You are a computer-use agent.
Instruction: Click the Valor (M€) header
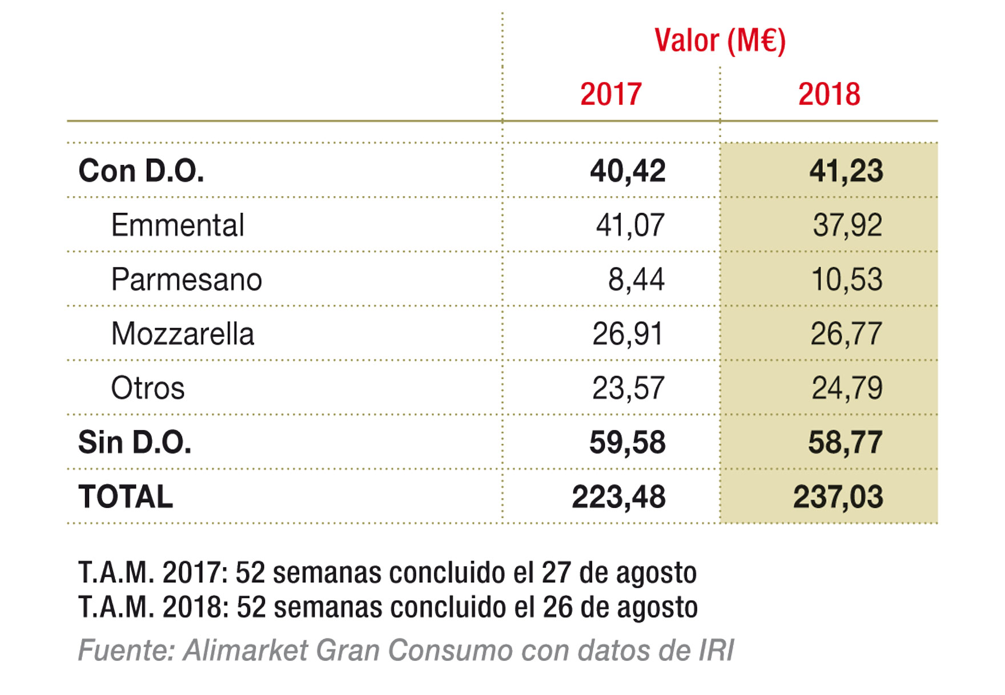click(x=719, y=41)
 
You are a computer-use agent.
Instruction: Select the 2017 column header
click(x=611, y=95)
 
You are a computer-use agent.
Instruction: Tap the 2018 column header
click(x=829, y=95)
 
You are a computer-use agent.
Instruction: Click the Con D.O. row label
click(x=141, y=171)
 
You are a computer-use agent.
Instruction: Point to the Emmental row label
click(x=178, y=225)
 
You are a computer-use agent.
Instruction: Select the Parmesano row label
click(x=186, y=280)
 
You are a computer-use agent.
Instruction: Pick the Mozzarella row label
click(x=182, y=334)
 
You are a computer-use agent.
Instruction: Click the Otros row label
click(x=147, y=389)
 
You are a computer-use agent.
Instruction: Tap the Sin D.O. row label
click(x=135, y=443)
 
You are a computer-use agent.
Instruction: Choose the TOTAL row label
click(x=126, y=497)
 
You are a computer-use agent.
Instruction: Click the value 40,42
click(x=628, y=171)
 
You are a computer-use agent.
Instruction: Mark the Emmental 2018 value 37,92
click(x=847, y=225)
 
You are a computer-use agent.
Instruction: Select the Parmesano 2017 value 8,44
click(x=636, y=280)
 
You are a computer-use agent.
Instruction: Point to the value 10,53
click(x=847, y=280)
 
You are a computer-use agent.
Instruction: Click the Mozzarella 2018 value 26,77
click(x=846, y=334)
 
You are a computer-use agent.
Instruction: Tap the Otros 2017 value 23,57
click(x=628, y=389)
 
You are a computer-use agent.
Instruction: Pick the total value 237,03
click(x=838, y=497)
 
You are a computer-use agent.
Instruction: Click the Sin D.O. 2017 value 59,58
click(x=627, y=443)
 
